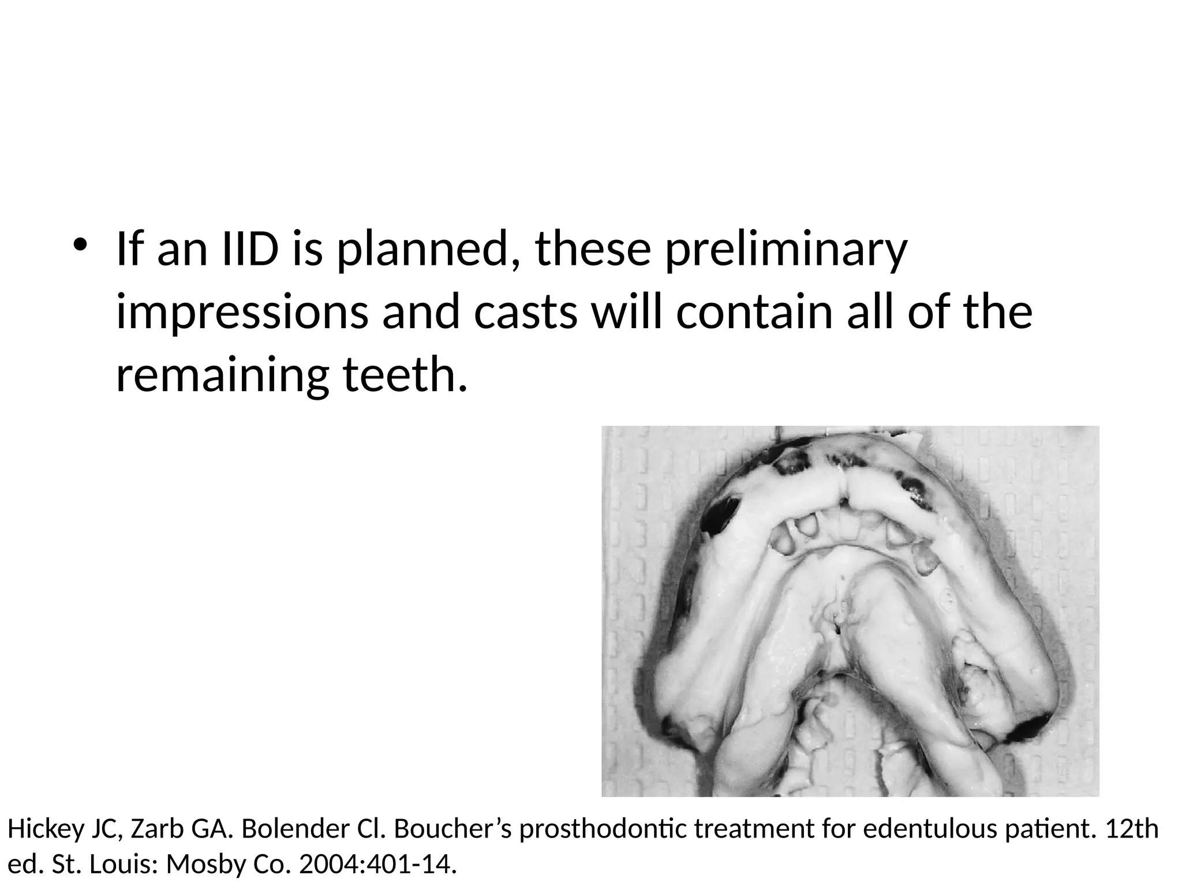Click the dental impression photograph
(850, 611)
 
